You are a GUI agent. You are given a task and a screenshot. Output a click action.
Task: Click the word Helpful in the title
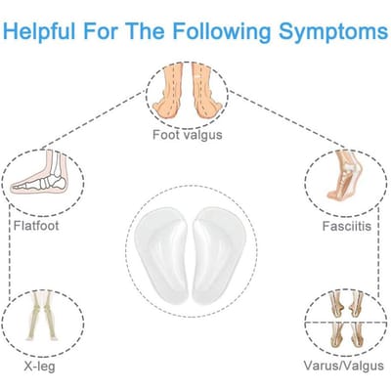39,31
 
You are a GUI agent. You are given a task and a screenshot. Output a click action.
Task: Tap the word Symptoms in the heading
333,31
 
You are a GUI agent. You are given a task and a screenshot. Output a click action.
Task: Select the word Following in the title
222,31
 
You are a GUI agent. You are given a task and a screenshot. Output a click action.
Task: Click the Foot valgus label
188,135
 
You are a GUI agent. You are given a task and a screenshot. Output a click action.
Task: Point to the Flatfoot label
36,226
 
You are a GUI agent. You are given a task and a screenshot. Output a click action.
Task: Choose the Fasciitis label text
347,226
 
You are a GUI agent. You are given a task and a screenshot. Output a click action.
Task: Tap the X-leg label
39,367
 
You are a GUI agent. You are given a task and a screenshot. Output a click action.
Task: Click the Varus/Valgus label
344,366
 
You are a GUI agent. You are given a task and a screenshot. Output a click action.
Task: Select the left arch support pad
161,256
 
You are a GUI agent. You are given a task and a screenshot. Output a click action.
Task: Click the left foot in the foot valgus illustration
168,90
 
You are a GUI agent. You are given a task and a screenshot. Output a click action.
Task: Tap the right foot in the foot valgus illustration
207,90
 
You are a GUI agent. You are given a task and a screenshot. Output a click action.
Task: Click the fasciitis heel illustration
345,175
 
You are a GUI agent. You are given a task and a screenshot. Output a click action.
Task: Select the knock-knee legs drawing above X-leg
43,316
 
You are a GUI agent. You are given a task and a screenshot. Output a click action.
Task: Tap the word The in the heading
146,31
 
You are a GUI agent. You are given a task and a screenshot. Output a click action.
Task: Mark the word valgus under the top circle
201,135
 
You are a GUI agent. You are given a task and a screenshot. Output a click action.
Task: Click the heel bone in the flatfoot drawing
59,183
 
